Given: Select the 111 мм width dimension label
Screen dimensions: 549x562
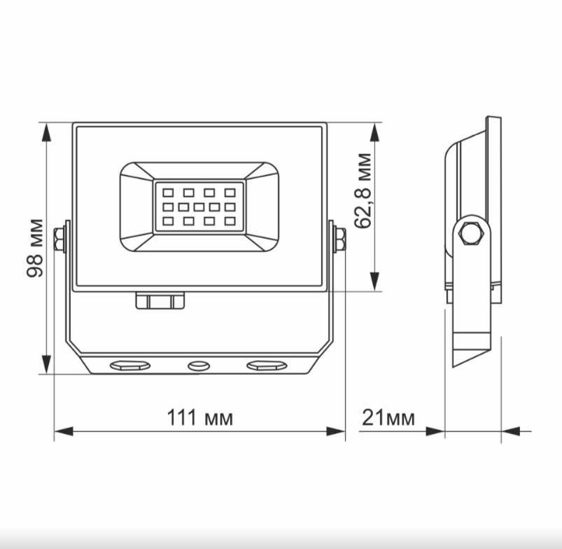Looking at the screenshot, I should point(199,418).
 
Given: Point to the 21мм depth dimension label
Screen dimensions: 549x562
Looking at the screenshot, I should point(388,418).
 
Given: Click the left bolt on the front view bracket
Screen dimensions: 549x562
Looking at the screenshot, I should point(62,239).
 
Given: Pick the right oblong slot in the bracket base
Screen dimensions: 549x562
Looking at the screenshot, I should point(266,366).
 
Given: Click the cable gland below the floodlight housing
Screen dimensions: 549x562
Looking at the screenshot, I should point(160,300).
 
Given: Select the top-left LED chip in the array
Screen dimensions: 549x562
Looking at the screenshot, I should point(168,191).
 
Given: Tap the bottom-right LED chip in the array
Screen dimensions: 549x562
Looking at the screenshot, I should point(230,221).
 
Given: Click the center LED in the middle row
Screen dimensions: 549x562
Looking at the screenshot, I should point(199,207).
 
